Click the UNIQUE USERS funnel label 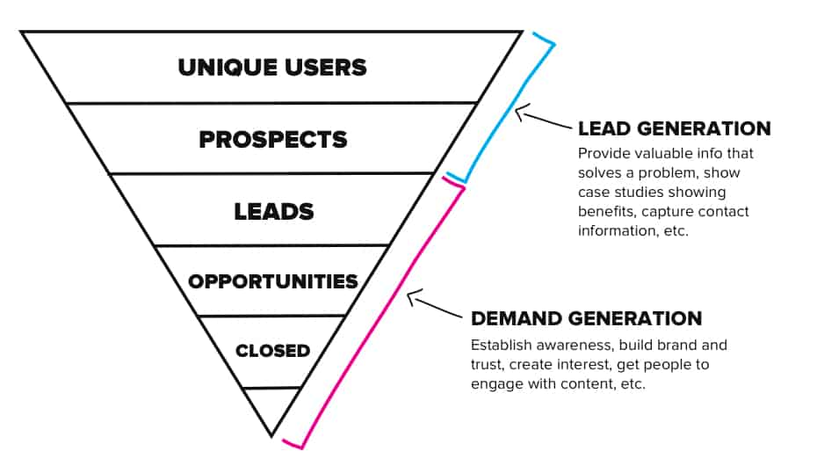point(272,68)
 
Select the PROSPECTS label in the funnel point(273,140)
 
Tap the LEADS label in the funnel point(274,211)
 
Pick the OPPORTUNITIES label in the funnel point(272,281)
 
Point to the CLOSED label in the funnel point(272,351)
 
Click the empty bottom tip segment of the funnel point(271,408)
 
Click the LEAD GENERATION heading point(675,128)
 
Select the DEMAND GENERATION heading point(587,318)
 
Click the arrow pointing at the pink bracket point(434,303)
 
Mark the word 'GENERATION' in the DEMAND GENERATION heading point(635,318)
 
